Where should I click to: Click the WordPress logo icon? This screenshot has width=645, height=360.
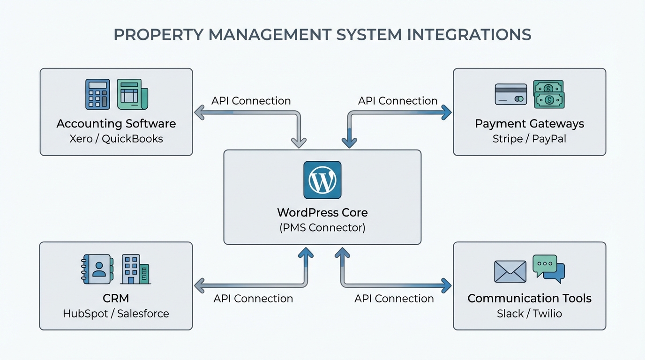(x=322, y=180)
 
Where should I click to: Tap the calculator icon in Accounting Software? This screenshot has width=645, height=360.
(x=97, y=94)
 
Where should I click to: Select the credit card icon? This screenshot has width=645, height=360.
(x=511, y=94)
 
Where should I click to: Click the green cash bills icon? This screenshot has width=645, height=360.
(x=549, y=94)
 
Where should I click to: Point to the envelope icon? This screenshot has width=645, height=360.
(x=510, y=271)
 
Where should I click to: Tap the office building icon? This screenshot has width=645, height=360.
(x=135, y=269)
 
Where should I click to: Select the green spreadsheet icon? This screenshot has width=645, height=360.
(x=132, y=94)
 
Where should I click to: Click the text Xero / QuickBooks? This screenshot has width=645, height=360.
(x=116, y=139)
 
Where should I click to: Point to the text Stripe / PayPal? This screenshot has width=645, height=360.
(x=529, y=139)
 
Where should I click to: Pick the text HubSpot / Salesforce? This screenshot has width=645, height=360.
(x=116, y=313)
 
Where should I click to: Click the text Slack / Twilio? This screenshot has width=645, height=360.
(x=529, y=313)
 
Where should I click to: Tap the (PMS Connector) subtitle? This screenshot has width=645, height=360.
(x=322, y=228)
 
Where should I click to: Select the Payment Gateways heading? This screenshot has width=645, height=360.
(x=529, y=124)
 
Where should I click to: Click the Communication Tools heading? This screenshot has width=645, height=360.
(x=529, y=298)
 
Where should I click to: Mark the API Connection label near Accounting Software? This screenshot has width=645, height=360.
(x=251, y=101)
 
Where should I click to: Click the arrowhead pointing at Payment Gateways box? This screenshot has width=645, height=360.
(x=446, y=112)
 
